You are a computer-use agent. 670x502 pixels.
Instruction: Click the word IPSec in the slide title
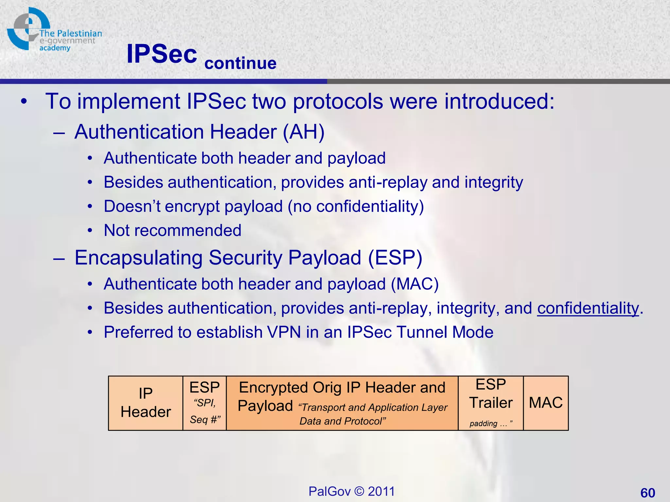[x=162, y=54]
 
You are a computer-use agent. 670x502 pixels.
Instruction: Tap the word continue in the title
[x=240, y=63]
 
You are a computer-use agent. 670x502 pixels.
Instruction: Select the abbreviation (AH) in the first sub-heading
[x=303, y=132]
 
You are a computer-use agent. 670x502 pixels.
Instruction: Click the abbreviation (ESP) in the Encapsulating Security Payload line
[x=395, y=258]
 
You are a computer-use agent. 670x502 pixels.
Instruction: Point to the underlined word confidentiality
[x=588, y=308]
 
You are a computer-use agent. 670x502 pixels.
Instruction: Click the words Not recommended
[x=172, y=230]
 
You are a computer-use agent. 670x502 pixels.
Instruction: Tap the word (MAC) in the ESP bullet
[x=414, y=284]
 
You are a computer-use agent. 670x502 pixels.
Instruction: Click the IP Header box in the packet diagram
[x=146, y=403]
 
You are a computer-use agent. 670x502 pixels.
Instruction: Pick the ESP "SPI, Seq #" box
[x=204, y=403]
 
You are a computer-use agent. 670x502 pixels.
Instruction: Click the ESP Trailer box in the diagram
[x=491, y=403]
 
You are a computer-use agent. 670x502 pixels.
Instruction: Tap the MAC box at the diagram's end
[x=546, y=403]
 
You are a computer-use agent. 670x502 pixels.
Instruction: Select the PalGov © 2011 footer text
[x=352, y=491]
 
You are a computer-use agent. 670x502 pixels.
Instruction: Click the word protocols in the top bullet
[x=338, y=101]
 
